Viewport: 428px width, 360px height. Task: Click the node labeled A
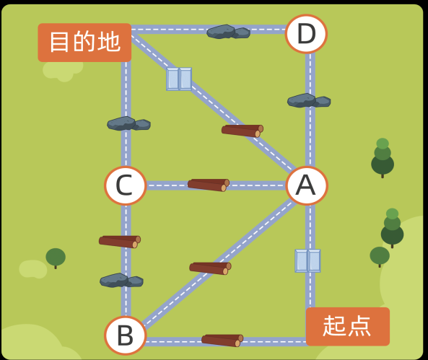307,185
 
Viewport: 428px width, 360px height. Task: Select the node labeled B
126,335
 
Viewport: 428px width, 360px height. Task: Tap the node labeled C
126,185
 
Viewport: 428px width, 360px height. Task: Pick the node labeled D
306,34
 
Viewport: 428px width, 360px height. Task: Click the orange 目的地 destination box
84,43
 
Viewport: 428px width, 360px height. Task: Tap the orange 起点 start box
348,326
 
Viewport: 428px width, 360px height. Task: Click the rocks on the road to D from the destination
229,32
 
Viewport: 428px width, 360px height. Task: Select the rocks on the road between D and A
309,100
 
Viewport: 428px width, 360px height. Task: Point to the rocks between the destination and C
128,123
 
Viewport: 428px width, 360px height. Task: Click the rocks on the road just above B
121,280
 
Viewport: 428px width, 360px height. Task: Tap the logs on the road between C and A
209,185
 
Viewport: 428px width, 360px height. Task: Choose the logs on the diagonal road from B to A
210,268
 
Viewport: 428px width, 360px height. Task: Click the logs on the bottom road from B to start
222,341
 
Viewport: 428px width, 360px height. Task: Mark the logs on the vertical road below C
120,242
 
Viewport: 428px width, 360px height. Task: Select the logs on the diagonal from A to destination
243,131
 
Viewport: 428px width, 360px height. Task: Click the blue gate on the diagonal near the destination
179,79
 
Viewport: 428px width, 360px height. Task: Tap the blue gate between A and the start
307,260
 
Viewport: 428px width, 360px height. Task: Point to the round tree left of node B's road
56,258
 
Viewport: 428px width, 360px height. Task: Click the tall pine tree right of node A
383,157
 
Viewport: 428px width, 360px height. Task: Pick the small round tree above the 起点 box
380,256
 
